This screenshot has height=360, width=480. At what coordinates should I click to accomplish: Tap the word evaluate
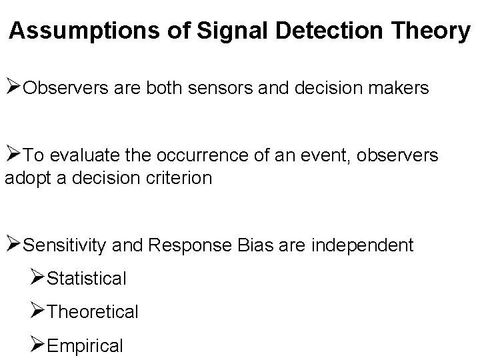point(83,156)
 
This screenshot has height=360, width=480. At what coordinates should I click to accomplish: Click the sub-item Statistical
point(87,279)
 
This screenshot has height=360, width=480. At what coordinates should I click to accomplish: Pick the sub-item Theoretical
point(93,311)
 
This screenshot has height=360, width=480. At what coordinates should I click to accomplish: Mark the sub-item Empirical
point(86,345)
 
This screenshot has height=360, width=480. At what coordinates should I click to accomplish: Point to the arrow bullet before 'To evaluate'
point(13,155)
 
